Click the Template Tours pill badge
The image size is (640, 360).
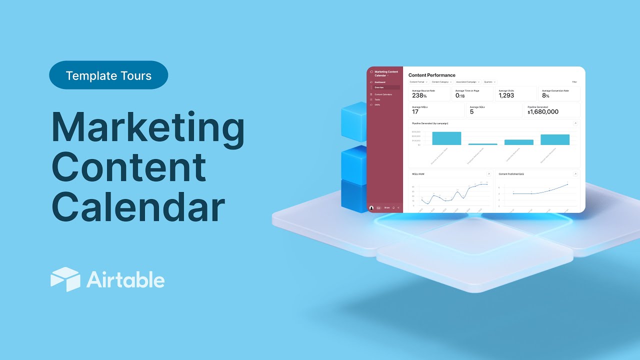[108, 75]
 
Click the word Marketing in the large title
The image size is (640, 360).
[148, 128]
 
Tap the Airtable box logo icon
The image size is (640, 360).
[65, 279]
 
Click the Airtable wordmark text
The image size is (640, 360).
[125, 279]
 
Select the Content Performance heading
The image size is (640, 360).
[431, 75]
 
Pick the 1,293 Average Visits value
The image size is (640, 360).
[506, 95]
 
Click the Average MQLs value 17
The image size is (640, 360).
[415, 112]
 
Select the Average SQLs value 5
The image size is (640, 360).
[471, 112]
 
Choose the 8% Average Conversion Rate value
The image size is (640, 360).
[545, 95]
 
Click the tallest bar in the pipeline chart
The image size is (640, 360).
[446, 138]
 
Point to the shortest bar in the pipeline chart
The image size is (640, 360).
[482, 144]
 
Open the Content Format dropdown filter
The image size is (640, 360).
[418, 81]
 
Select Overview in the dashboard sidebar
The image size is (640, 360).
[379, 87]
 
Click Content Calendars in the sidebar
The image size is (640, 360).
[383, 94]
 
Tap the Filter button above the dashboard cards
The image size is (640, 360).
[574, 81]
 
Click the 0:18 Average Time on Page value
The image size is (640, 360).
[460, 95]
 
